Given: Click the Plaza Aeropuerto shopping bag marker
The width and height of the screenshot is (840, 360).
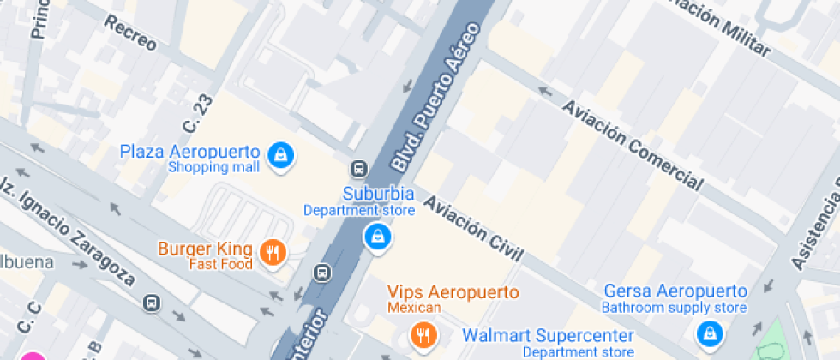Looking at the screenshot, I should (x=280, y=155).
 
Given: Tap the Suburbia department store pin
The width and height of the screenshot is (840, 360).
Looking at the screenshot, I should (x=376, y=237).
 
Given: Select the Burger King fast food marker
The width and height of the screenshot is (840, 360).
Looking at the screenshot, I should (x=273, y=252).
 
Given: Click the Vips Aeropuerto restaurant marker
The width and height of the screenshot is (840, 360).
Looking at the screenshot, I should (x=422, y=333).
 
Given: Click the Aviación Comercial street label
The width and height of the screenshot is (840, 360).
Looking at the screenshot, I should (x=633, y=144).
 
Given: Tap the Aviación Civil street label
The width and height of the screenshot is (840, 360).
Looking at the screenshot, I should (x=472, y=228).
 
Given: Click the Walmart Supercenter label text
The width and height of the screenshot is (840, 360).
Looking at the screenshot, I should (x=549, y=335).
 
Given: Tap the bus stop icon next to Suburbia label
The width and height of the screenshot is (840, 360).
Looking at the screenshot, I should (x=359, y=169).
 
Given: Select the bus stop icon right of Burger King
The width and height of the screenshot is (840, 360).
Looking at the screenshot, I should (x=322, y=273).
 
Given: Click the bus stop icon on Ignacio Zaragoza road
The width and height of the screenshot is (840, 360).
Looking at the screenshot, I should (x=151, y=303).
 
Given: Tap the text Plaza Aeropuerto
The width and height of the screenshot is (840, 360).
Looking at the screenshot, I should (x=189, y=152).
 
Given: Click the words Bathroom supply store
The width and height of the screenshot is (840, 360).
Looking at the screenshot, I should (x=674, y=308).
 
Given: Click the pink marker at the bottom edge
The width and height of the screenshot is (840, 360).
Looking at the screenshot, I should (x=33, y=355).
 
